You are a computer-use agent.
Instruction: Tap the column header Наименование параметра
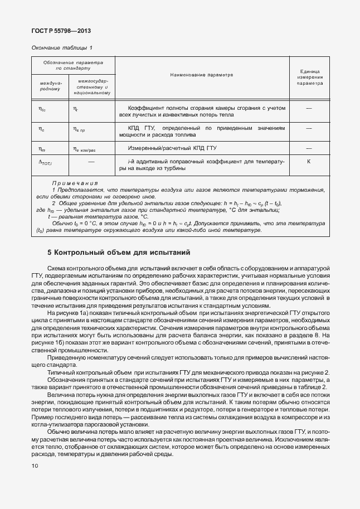click(202, 74)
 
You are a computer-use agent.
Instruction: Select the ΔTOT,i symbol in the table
click(45, 163)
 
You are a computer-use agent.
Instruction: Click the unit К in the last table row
click(309, 162)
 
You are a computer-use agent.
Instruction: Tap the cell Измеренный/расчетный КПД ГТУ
click(172, 148)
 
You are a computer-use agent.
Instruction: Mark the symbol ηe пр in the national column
click(81, 129)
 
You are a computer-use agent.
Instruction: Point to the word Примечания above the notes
click(75, 183)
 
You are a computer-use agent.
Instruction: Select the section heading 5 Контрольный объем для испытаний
click(119, 252)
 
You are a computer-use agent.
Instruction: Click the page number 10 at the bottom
click(35, 466)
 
